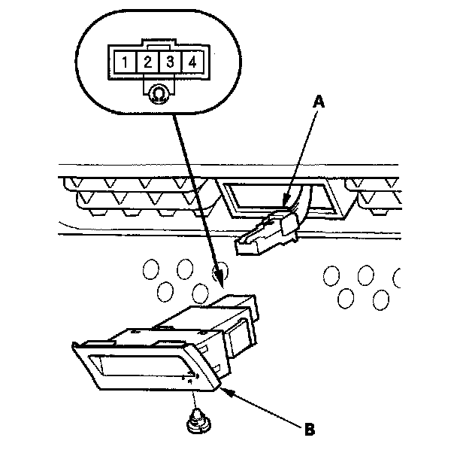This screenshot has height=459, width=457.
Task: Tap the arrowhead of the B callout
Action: pos(225,389)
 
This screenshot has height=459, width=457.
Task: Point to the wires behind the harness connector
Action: pos(304,203)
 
